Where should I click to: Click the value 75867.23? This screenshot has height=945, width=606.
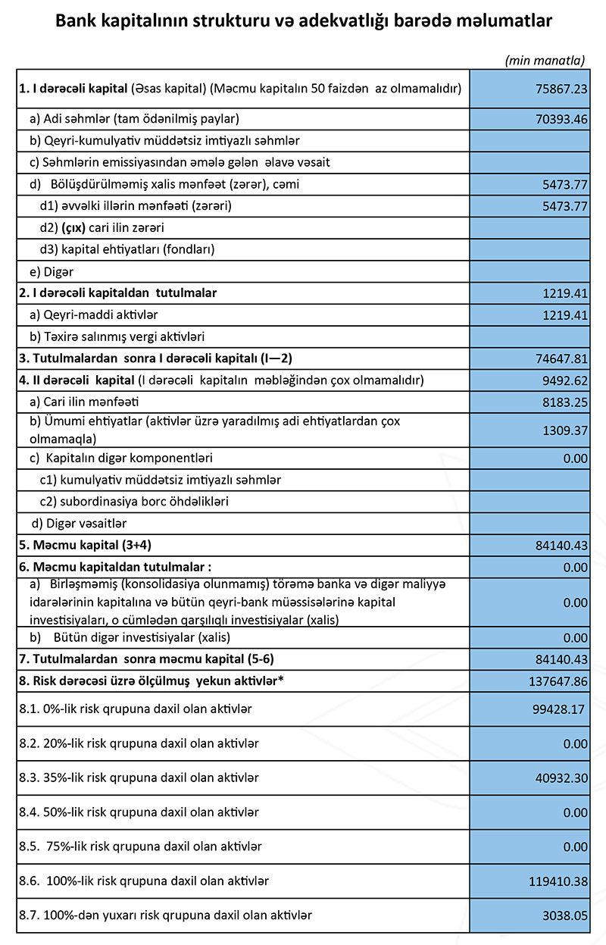pyautogui.click(x=561, y=89)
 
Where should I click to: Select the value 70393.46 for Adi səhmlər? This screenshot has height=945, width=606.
pyautogui.click(x=561, y=119)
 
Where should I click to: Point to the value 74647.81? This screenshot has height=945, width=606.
pyautogui.click(x=561, y=358)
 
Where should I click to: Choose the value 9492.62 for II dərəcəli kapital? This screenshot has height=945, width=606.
pyautogui.click(x=564, y=380)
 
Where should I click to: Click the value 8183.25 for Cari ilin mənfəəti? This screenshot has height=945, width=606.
pyautogui.click(x=564, y=402)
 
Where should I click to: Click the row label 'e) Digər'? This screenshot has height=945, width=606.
pyautogui.click(x=52, y=271)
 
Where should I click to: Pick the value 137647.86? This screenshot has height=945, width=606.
pyautogui.click(x=558, y=681)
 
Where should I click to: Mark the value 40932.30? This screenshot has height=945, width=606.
pyautogui.click(x=561, y=778)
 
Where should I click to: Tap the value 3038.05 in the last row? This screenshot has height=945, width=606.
pyautogui.click(x=564, y=915)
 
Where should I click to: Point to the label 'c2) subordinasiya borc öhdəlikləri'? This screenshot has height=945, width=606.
pyautogui.click(x=134, y=502)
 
